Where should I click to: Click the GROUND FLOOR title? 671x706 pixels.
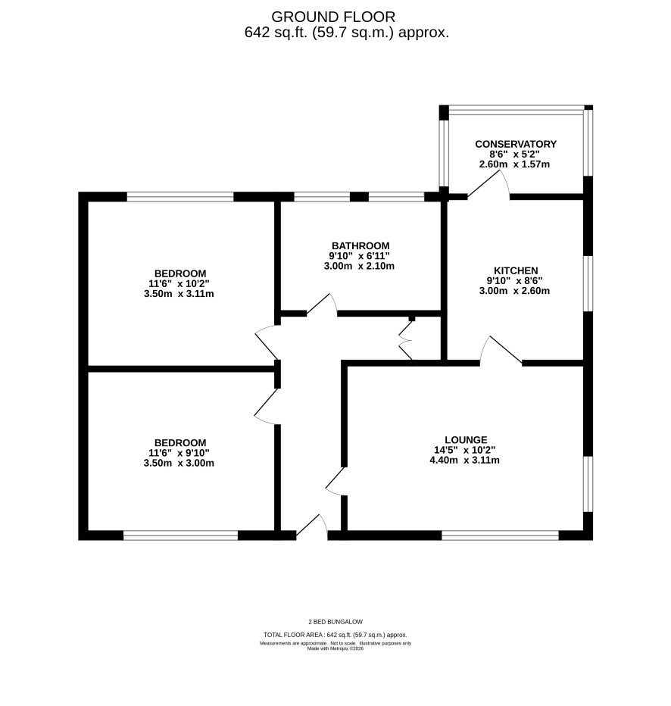tap(333, 17)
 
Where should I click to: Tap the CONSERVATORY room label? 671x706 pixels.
tap(516, 144)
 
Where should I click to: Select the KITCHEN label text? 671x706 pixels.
tap(516, 270)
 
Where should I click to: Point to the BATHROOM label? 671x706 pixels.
tap(360, 246)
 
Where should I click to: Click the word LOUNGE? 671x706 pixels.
tap(466, 440)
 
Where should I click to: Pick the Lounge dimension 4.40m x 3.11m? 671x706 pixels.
tap(465, 460)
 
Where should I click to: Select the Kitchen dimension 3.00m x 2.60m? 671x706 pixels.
tap(514, 290)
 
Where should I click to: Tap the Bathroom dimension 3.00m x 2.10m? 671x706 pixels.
tap(359, 266)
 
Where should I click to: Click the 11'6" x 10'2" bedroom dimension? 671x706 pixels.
tap(179, 283)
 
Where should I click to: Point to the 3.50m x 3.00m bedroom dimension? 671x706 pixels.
tap(179, 463)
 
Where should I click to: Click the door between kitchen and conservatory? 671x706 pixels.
tap(488, 185)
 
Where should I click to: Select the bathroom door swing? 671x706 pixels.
tap(322, 305)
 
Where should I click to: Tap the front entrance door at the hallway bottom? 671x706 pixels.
tap(312, 526)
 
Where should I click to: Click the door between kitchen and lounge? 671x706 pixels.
tap(501, 350)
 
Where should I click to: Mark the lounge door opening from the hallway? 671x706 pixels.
tap(335, 481)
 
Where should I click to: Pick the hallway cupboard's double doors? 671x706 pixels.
tap(405, 340)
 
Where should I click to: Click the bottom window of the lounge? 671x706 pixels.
tap(500, 536)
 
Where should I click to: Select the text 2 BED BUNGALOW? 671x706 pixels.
tap(335, 622)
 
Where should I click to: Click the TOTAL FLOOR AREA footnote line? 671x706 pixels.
tap(335, 635)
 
